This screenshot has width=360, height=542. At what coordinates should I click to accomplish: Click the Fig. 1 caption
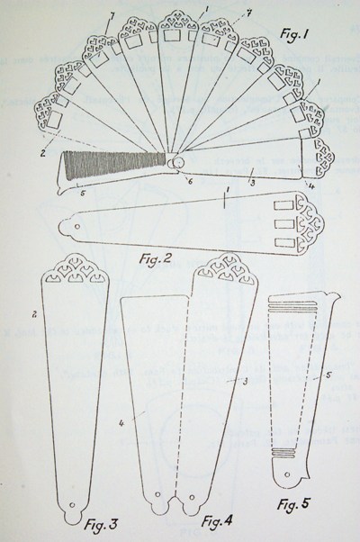(x=293, y=35)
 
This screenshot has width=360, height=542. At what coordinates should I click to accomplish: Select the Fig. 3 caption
(x=101, y=524)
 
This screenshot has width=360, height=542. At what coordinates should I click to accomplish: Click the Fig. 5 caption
(x=293, y=504)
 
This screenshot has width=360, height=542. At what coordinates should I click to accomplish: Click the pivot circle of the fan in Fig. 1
(x=177, y=162)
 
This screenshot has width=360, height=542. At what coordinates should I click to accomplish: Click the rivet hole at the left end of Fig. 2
(x=77, y=227)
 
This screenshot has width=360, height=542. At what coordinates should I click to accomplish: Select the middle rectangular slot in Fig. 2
(x=284, y=224)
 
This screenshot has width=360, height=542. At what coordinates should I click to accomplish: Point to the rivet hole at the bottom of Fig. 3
(x=72, y=505)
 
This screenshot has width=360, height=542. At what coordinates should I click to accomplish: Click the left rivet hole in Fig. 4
(x=158, y=495)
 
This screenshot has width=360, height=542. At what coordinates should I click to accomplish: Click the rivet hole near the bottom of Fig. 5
(x=287, y=474)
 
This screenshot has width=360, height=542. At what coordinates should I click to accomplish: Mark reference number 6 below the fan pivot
(x=189, y=180)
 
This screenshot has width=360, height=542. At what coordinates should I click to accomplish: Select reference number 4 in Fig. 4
(x=121, y=422)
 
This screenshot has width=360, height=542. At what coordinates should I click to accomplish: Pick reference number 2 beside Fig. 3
(x=34, y=314)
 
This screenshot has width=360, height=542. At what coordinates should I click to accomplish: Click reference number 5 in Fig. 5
(x=328, y=375)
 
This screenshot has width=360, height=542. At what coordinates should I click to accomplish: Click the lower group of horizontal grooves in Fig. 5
(x=283, y=451)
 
